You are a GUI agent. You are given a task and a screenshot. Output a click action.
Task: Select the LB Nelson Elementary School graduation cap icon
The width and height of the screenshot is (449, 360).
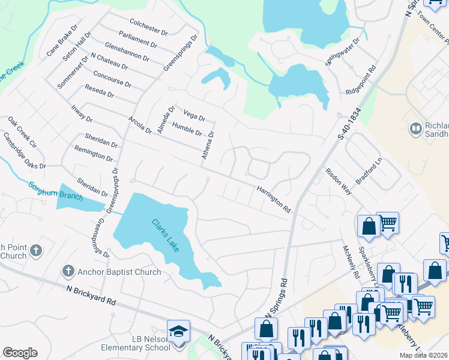pyautogui.click(x=178, y=332)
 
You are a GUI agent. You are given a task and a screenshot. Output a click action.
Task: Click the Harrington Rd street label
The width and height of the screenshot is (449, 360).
pyautogui.click(x=274, y=200)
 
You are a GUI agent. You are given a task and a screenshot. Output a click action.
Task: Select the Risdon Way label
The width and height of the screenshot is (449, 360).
pyautogui.click(x=338, y=181)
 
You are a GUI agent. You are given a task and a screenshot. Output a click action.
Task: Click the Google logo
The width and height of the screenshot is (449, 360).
pyautogui.click(x=20, y=352)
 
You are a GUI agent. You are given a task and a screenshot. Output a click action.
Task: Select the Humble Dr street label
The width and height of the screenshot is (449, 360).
pyautogui.click(x=187, y=128)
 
